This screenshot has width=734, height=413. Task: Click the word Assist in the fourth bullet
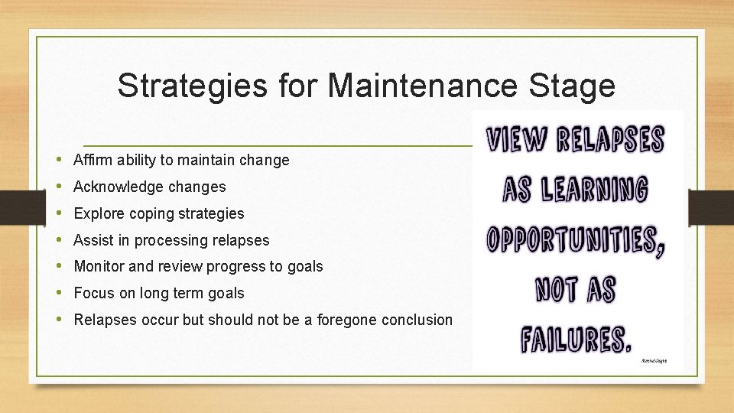[x=92, y=240]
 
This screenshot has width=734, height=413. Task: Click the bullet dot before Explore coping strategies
[x=60, y=213]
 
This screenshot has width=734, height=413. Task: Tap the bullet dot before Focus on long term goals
[x=60, y=293]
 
